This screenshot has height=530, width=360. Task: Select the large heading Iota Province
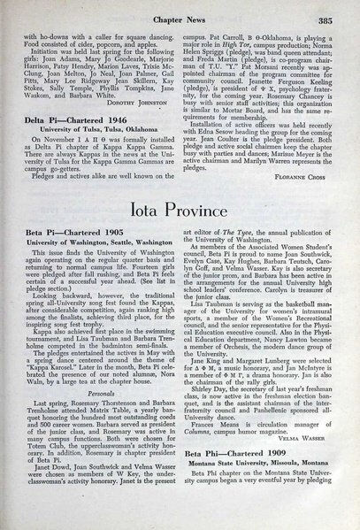tap(180, 213)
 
